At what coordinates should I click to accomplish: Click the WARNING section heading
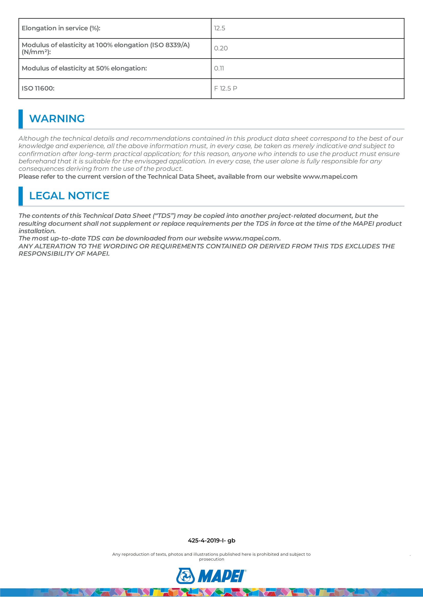pyautogui.click(x=57, y=119)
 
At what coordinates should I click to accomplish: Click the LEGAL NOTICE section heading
pyautogui.click(x=69, y=196)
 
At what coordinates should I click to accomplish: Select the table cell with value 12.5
pyautogui.click(x=220, y=28)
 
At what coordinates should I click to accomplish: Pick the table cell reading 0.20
pyautogui.click(x=221, y=48)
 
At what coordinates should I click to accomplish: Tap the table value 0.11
pyautogui.click(x=219, y=69)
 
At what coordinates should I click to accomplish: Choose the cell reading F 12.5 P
pyautogui.click(x=225, y=88)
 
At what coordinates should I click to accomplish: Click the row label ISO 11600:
pyautogui.click(x=38, y=88)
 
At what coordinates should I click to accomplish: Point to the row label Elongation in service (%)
pyautogui.click(x=61, y=28)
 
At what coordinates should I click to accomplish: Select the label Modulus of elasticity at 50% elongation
pyautogui.click(x=84, y=69)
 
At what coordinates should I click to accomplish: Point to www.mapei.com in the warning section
pyautogui.click(x=330, y=177)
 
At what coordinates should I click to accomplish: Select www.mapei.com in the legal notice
pyautogui.click(x=252, y=239)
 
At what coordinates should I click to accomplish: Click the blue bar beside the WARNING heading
pyautogui.click(x=20, y=119)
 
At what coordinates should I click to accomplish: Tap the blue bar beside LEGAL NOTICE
pyautogui.click(x=20, y=196)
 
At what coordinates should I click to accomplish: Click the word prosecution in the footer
pyautogui.click(x=211, y=559)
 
